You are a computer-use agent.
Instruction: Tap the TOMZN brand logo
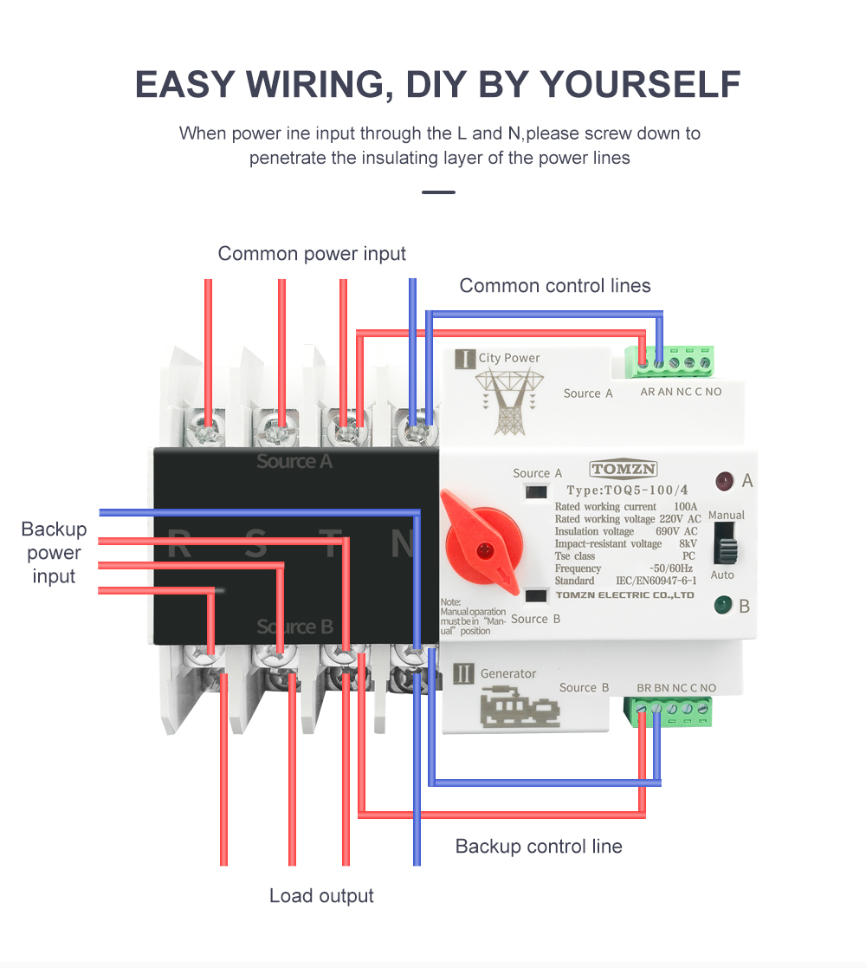pyautogui.click(x=624, y=470)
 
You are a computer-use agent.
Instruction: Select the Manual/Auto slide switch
pyautogui.click(x=725, y=548)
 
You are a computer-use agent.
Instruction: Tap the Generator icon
pyautogui.click(x=519, y=705)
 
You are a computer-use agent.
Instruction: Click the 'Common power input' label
pyautogui.click(x=312, y=254)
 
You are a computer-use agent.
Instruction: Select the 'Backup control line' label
pyautogui.click(x=539, y=847)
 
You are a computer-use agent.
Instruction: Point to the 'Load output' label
pyautogui.click(x=321, y=896)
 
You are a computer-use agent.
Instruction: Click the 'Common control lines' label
pyautogui.click(x=554, y=286)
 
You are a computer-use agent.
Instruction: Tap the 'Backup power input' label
pyautogui.click(x=54, y=553)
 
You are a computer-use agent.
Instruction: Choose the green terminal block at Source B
pyautogui.click(x=673, y=711)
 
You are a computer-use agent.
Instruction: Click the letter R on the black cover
pyautogui.click(x=178, y=545)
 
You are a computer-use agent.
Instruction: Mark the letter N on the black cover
pyautogui.click(x=404, y=544)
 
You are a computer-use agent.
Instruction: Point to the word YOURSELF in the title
pyautogui.click(x=640, y=84)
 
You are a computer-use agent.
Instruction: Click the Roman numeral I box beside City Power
pyautogui.click(x=465, y=358)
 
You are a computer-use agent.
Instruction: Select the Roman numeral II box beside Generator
pyautogui.click(x=464, y=673)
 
